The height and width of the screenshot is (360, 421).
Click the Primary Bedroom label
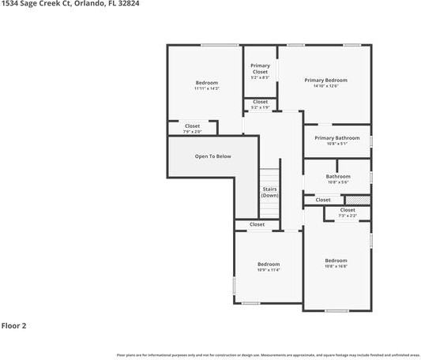325,80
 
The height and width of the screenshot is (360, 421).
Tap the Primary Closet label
260,69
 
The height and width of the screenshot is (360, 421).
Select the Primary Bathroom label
336,138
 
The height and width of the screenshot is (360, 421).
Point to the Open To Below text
212,156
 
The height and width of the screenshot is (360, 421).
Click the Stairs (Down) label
270,192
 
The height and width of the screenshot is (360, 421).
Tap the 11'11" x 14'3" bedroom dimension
206,88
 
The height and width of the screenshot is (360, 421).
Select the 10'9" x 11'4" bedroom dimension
269,270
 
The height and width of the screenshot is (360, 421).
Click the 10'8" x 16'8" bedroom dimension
336,266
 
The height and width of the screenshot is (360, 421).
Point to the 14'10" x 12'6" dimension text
325,85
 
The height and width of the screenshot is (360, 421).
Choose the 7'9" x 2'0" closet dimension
193,131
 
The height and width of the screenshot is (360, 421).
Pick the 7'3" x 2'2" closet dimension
348,215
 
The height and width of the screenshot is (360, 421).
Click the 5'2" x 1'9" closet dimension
260,107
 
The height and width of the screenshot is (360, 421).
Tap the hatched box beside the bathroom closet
360,200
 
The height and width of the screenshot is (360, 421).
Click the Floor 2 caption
14,325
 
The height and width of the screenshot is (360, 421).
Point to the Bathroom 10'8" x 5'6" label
337,178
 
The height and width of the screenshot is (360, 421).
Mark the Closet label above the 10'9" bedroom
257,225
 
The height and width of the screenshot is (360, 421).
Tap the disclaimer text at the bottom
268,354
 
